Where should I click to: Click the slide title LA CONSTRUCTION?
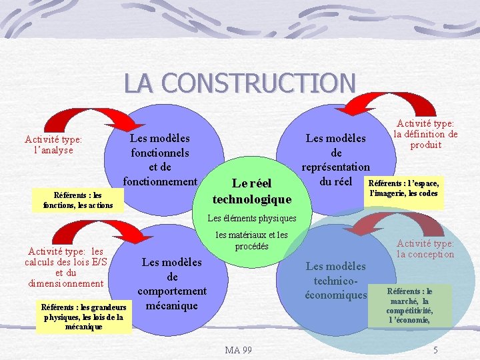[x=239, y=83]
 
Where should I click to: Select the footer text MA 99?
[x=238, y=350]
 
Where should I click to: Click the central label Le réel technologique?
[x=252, y=191]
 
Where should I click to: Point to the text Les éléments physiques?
[x=251, y=218]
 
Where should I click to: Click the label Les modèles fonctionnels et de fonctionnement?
[x=159, y=159]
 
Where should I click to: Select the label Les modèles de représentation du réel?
[x=335, y=159]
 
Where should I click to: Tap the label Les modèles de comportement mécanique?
[x=172, y=283]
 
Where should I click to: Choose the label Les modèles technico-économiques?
[x=335, y=281]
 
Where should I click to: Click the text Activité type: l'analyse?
[x=53, y=145]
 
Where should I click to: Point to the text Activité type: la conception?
[x=425, y=249]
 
